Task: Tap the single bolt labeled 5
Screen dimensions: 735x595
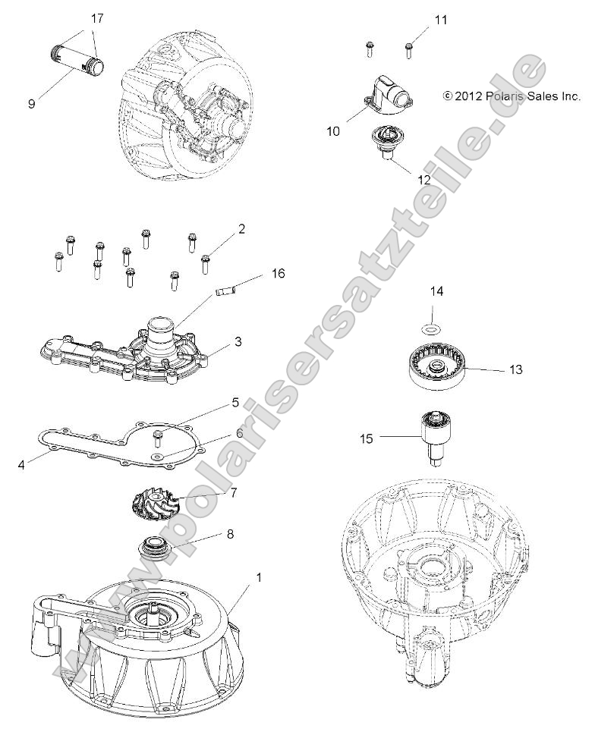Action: click(159, 435)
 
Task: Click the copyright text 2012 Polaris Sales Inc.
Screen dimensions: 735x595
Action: click(512, 96)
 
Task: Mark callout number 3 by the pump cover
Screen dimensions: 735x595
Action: click(238, 342)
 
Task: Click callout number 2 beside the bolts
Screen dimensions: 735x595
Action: click(241, 228)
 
